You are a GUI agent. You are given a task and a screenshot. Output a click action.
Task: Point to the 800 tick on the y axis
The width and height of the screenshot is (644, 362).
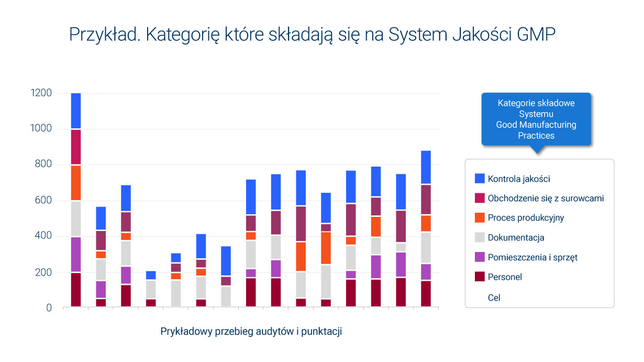pyautogui.click(x=44, y=164)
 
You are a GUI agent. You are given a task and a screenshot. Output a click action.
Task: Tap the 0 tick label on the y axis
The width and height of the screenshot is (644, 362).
pyautogui.click(x=49, y=308)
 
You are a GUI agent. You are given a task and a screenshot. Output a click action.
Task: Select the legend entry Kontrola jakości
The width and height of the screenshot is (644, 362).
pyautogui.click(x=518, y=179)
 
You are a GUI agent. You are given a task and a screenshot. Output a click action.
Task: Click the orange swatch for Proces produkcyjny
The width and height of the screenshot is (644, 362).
pyautogui.click(x=480, y=217)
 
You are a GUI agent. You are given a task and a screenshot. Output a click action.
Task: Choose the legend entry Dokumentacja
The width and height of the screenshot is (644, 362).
pyautogui.click(x=516, y=237)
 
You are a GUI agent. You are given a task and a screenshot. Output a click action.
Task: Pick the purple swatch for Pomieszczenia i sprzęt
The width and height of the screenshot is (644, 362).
pyautogui.click(x=480, y=257)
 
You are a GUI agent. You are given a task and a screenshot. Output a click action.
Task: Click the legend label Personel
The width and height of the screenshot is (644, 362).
pyautogui.click(x=505, y=277)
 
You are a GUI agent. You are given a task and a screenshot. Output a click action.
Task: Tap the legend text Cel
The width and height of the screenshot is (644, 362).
pyautogui.click(x=494, y=298)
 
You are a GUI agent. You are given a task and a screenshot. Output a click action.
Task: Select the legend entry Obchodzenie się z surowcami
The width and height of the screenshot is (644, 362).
pyautogui.click(x=546, y=198)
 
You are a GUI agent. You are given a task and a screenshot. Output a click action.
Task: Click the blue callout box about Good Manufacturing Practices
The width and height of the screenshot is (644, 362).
pyautogui.click(x=536, y=119)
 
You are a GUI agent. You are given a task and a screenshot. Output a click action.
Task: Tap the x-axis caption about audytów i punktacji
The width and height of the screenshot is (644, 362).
pyautogui.click(x=251, y=332)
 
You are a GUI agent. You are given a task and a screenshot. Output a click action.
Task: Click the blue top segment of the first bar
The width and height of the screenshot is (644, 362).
pyautogui.click(x=76, y=111)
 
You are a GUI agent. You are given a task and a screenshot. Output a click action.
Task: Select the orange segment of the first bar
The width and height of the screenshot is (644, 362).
pyautogui.click(x=76, y=182)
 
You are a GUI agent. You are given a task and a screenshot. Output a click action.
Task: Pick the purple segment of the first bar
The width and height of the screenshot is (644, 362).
pyautogui.click(x=76, y=254)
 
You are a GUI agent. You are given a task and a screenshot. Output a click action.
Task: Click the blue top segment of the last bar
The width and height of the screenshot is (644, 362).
pyautogui.click(x=426, y=167)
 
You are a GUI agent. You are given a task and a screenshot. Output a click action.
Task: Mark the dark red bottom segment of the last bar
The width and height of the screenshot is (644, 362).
pyautogui.click(x=426, y=294)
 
